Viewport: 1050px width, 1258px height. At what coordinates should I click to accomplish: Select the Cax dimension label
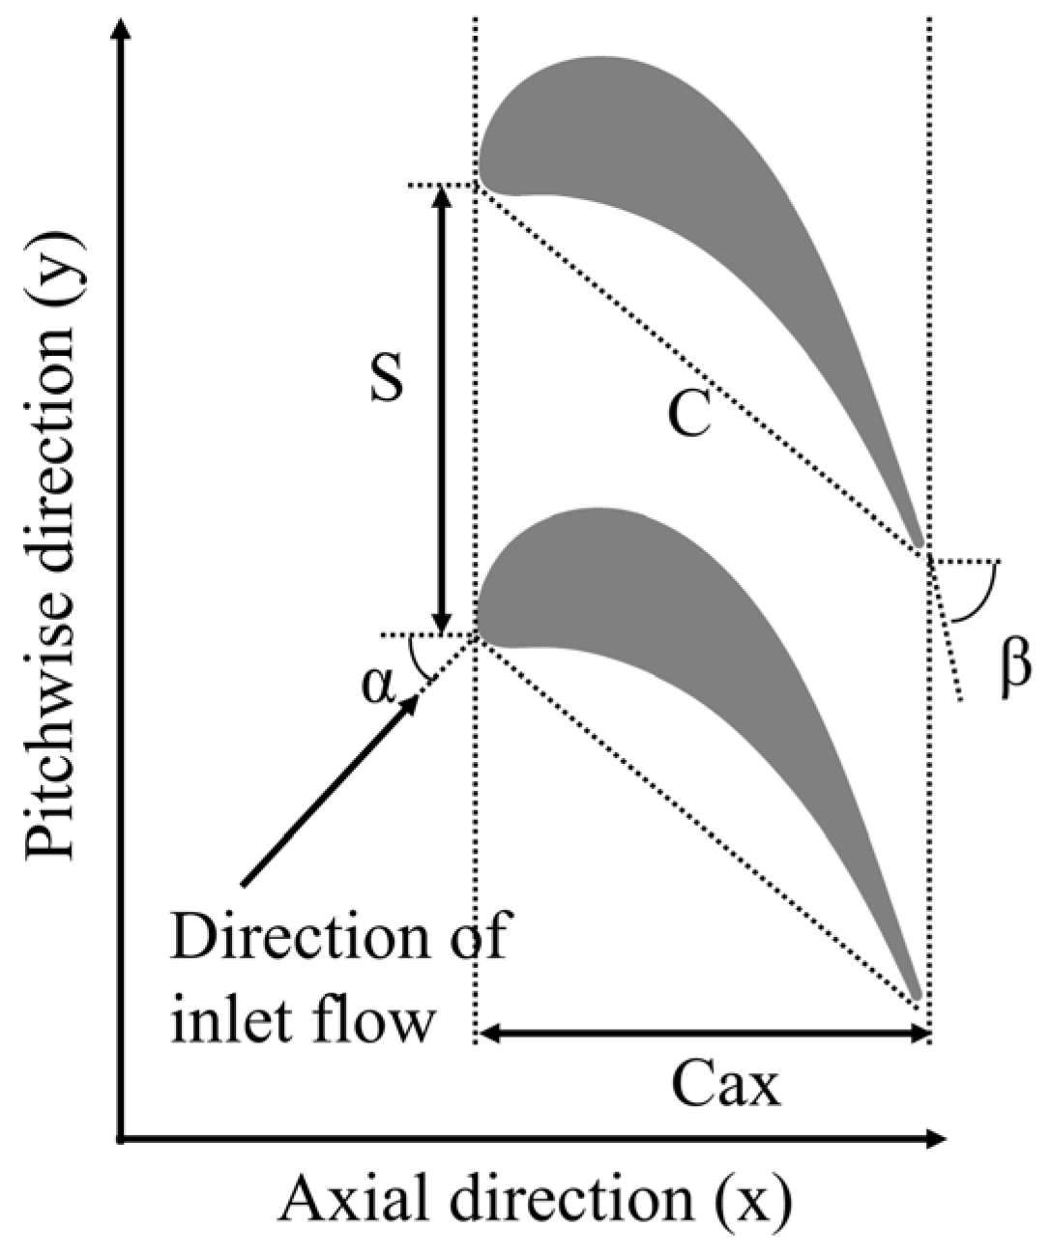coord(724,1085)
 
